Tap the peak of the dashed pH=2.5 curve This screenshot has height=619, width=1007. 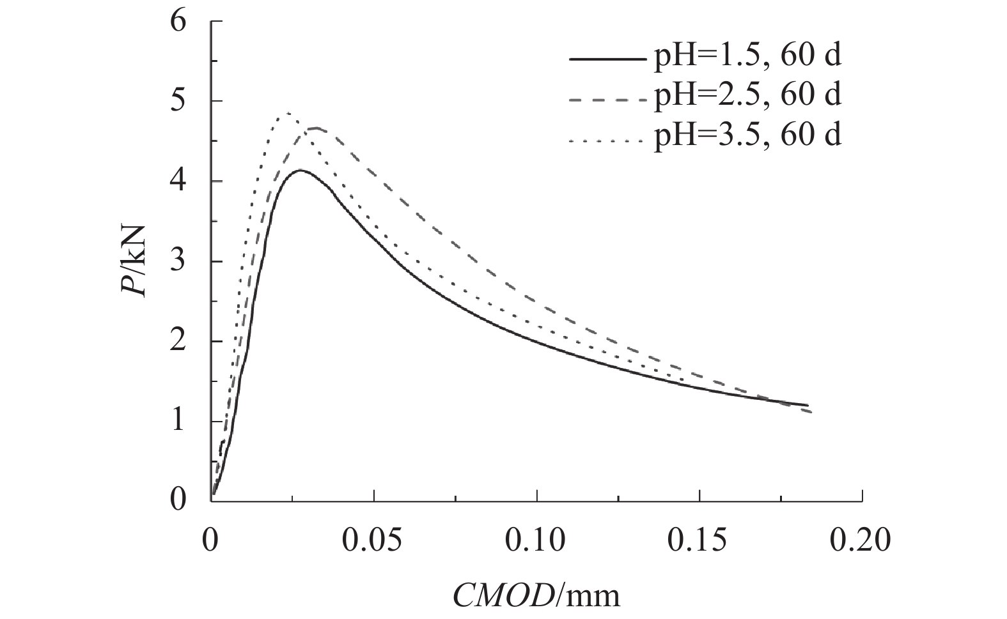click(x=315, y=128)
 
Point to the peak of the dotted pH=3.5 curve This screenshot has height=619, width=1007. click(x=288, y=113)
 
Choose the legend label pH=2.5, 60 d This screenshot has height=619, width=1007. click(x=747, y=95)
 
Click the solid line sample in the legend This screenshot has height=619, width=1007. click(x=607, y=59)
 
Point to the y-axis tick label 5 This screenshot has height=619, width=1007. click(x=178, y=102)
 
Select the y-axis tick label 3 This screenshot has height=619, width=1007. click(x=178, y=262)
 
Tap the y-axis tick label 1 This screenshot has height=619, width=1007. click(x=178, y=422)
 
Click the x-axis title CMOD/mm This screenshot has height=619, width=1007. click(x=537, y=595)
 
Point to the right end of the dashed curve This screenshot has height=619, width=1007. click(x=811, y=412)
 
